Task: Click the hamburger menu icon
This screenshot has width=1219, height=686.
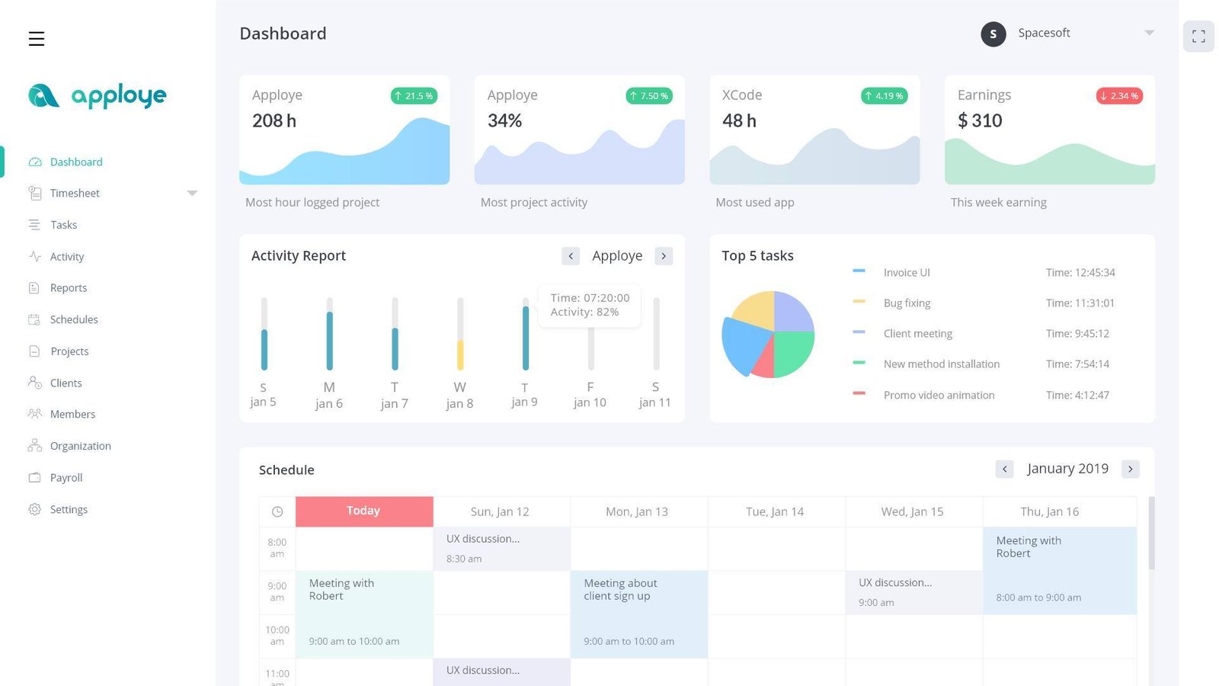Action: coord(37,39)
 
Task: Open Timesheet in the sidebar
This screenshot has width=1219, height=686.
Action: coord(75,194)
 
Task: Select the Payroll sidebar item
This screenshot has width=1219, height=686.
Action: coord(66,478)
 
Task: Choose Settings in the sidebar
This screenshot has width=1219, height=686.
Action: coord(69,510)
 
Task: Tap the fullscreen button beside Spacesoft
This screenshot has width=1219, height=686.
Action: coord(1198,37)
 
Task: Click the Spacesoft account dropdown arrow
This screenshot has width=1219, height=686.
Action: coord(1149,33)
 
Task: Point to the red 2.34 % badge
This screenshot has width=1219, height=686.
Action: coord(1119,96)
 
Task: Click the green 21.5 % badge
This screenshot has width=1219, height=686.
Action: coord(414,96)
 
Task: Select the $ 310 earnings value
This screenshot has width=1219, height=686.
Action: coord(980,120)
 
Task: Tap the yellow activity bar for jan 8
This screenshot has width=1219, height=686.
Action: coord(460,354)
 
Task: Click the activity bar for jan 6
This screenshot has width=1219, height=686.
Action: coord(329,340)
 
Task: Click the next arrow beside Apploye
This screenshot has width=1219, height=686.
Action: coord(664,256)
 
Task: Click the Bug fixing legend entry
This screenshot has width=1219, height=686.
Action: coord(907,303)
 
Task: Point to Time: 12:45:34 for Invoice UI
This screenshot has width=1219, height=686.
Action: coord(1080,273)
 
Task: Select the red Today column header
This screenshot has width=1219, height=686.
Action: coord(363,511)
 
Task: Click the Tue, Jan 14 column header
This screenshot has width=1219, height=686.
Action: coord(775,512)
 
